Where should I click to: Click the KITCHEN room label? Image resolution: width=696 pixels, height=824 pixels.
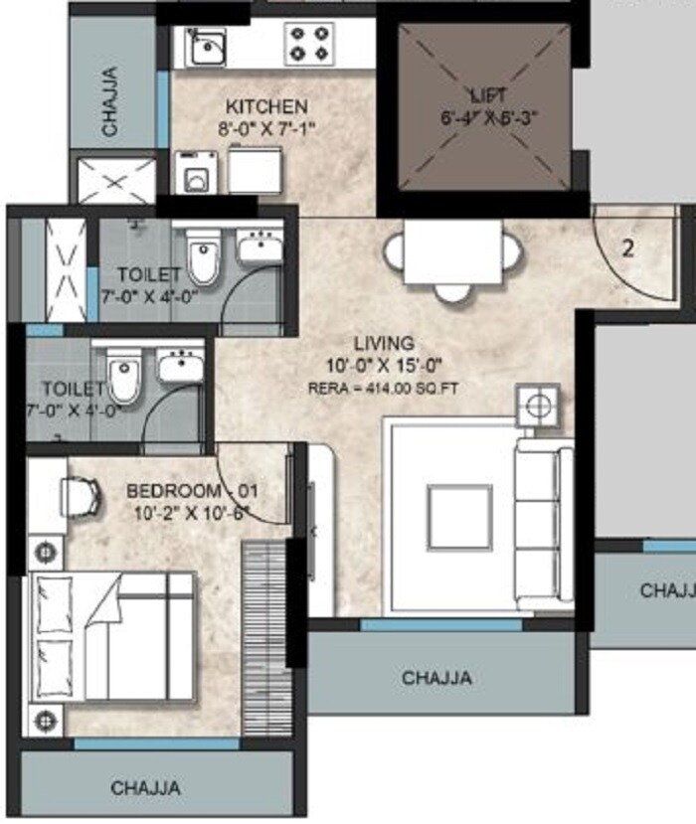coord(266,106)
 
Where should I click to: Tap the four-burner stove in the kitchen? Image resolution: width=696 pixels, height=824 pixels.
coord(308,45)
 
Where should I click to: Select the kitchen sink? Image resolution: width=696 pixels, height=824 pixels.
coord(207,46)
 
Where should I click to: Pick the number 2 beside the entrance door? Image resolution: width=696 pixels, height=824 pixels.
coord(627,248)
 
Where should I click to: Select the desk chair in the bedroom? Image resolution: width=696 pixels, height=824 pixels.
coord(82,494)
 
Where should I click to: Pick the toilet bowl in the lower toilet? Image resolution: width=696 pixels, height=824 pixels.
coord(123,376)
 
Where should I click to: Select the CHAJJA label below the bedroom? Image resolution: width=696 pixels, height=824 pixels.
coord(146,788)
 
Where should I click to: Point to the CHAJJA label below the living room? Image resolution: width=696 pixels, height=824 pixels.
coord(436,679)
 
